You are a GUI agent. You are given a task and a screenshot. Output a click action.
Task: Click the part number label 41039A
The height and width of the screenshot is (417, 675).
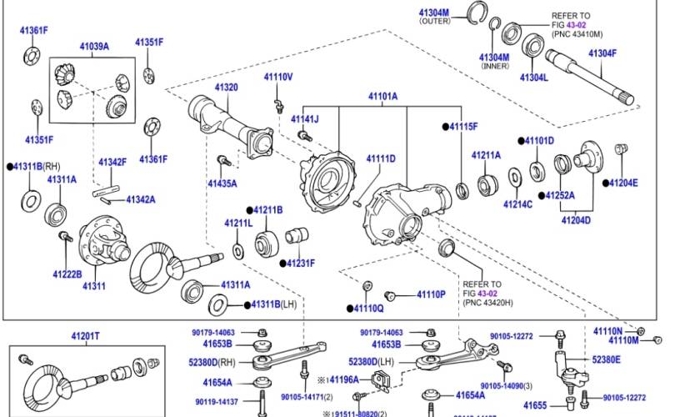[x=94, y=47]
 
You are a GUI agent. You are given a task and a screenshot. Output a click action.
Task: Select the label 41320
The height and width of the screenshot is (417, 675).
[x=226, y=88]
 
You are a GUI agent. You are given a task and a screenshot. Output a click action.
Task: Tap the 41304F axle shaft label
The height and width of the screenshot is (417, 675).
[x=602, y=53]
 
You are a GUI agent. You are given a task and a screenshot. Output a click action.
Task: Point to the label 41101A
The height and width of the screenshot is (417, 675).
[x=382, y=97]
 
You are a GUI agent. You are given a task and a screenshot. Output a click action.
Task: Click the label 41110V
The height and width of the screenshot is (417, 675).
[x=278, y=78]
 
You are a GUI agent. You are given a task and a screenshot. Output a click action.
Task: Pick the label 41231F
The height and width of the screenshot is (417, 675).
[x=301, y=264]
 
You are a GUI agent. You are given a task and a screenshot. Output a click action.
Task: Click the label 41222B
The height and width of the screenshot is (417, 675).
[x=67, y=274]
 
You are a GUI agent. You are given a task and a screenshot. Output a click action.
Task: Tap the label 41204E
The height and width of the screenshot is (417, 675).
[x=623, y=183]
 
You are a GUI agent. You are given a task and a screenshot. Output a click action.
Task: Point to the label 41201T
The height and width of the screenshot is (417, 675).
[x=85, y=336]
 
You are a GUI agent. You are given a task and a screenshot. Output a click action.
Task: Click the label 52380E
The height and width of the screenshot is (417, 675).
[x=606, y=359]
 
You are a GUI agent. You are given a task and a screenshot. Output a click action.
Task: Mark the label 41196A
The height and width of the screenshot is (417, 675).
[x=343, y=379]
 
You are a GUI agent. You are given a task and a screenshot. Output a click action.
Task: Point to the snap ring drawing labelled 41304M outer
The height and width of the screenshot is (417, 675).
[x=478, y=11]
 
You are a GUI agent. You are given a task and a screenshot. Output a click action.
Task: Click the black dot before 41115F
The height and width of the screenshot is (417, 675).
[x=445, y=127]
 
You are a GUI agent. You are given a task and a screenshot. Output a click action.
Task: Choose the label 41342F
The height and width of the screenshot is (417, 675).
[x=112, y=162]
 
